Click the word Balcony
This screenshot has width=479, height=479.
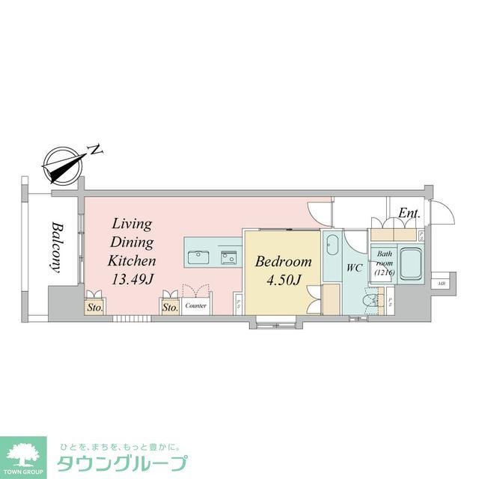point(56,248)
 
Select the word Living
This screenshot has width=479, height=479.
point(132,224)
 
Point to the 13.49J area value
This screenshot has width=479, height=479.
point(132,279)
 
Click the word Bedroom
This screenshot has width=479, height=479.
point(283,262)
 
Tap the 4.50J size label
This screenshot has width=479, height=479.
point(282,281)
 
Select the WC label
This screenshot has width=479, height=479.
point(355,267)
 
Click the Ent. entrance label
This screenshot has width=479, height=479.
point(409,213)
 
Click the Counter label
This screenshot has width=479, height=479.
point(196,306)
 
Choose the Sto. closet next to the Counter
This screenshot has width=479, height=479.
point(169,307)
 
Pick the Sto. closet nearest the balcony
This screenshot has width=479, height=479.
point(94,307)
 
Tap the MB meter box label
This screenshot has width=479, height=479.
point(442,284)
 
